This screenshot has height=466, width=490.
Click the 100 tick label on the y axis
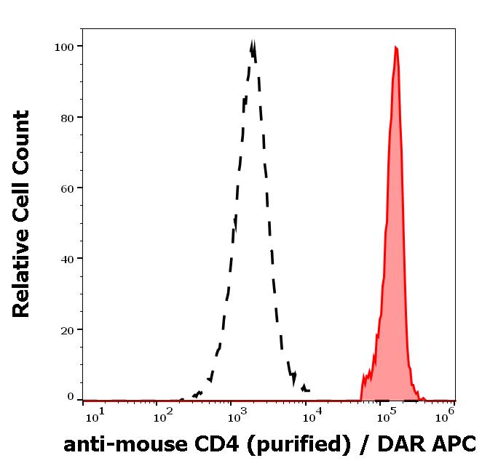pos(63,47)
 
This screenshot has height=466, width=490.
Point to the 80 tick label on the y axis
pos(67,117)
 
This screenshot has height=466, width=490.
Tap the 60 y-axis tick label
pos(67,188)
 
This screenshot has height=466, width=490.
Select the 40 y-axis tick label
pos(67,259)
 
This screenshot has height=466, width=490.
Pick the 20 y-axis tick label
pos(67,329)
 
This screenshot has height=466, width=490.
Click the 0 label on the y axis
pos(71,397)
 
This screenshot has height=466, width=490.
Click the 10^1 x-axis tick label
pos(95,415)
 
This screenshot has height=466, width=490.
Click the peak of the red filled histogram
pos(395,47)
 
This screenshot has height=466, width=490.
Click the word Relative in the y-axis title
pos(22,275)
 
